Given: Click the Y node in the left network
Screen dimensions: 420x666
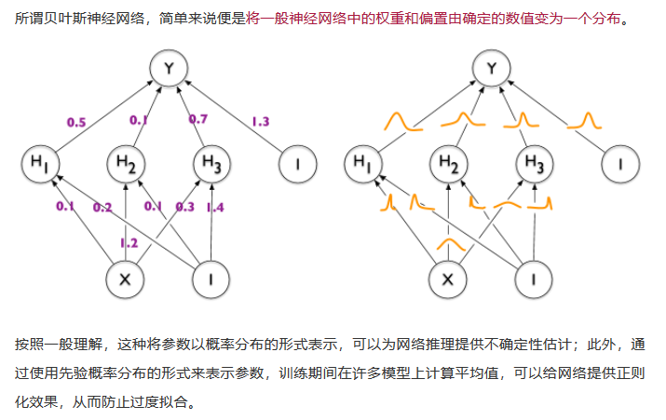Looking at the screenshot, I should [170, 69].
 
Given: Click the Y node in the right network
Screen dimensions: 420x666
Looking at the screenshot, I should [493, 69].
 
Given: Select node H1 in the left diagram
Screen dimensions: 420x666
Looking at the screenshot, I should [40, 164].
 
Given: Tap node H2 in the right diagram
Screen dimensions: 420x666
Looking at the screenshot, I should [449, 164].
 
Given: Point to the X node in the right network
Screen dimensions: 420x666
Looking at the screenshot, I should [449, 278].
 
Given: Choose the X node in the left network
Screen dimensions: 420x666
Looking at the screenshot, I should [126, 278].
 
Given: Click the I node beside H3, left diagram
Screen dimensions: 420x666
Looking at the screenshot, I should [297, 164].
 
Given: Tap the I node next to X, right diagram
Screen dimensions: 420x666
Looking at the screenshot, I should [535, 278].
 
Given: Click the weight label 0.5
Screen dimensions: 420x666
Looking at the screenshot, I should [76, 121].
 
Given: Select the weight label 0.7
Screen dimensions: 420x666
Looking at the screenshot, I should [197, 119].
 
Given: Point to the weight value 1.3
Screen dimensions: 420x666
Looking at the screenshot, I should [260, 121].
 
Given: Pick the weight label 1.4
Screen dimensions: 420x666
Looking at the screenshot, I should [215, 207].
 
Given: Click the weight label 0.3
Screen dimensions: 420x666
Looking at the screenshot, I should [185, 207].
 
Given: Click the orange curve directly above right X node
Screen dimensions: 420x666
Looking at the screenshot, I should [450, 245].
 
